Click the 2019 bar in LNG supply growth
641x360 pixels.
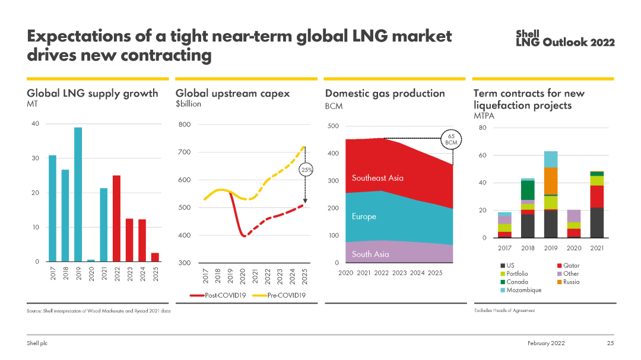coord(78,195)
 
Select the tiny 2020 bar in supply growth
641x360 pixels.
coord(91,260)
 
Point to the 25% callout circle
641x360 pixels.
coord(307,170)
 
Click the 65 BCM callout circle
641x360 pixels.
coord(450,140)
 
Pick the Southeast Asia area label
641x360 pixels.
coord(378,178)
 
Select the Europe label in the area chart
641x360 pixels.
coord(364,216)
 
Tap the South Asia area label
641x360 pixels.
coord(370,254)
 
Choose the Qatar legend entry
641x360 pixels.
coord(568,266)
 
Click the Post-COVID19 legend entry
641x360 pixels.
coord(215,295)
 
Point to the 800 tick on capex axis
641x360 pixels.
coord(185,125)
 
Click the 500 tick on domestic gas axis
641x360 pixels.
coord(333,126)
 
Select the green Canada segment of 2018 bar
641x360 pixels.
coord(527,190)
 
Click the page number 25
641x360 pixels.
coord(610,343)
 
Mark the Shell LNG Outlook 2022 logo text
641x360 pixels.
coord(564,39)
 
